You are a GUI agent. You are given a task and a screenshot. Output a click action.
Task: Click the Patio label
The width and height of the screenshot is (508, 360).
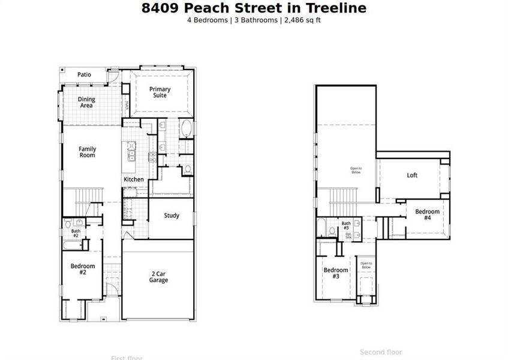coord(84,74)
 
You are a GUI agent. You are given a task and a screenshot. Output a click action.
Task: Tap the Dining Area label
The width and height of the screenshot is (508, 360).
coord(87,103)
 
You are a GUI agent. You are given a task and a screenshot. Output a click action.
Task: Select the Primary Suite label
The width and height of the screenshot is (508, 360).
coord(160,92)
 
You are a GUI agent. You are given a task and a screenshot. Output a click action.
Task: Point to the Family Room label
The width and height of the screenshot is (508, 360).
coord(87,152)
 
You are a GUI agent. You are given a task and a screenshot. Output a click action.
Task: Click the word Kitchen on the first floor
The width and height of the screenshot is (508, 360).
coord(134,179)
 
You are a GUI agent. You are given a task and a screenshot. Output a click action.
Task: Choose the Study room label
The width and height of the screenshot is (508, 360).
coord(172,215)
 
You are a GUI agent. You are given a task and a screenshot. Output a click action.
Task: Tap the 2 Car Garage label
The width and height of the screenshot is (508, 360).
coord(158,277)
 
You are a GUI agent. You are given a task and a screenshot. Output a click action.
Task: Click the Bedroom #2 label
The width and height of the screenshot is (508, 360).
coord(82,269)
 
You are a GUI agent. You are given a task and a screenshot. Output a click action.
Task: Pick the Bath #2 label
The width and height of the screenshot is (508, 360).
coord(76,233)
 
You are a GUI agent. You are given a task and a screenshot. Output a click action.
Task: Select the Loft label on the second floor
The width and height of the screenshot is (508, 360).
coord(412,175)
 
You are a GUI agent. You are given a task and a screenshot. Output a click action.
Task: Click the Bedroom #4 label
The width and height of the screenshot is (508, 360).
coord(427,215)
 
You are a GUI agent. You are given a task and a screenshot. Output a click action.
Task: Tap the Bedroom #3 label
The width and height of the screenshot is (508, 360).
coord(336,273)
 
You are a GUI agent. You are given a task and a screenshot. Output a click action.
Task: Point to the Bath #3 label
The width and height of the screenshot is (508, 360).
coord(346,226)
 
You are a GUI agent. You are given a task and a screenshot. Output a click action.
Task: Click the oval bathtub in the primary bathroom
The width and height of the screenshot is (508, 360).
coord(186,128)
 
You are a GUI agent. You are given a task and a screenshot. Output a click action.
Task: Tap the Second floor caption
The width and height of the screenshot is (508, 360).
coord(381,352)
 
